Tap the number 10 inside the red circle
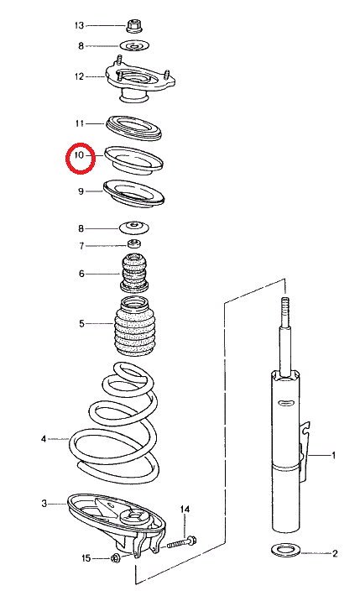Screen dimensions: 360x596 [x=79, y=155]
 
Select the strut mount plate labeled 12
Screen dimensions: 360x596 [x=139, y=81]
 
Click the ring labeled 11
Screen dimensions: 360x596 [x=133, y=128]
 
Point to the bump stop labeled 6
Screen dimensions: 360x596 [x=133, y=274]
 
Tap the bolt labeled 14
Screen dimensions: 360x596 [x=181, y=542]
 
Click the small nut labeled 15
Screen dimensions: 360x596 [x=115, y=558]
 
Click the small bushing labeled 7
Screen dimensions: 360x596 [x=133, y=243]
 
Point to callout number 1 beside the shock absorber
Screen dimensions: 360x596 [x=333, y=455]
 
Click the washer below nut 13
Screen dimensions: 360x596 [x=134, y=46]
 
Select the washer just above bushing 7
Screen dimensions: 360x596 [x=134, y=228]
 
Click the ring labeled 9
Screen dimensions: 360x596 [x=133, y=194]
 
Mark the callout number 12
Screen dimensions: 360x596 [x=79, y=76]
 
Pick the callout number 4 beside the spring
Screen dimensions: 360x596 [x=44, y=439]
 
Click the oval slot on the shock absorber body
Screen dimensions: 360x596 [x=286, y=402]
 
